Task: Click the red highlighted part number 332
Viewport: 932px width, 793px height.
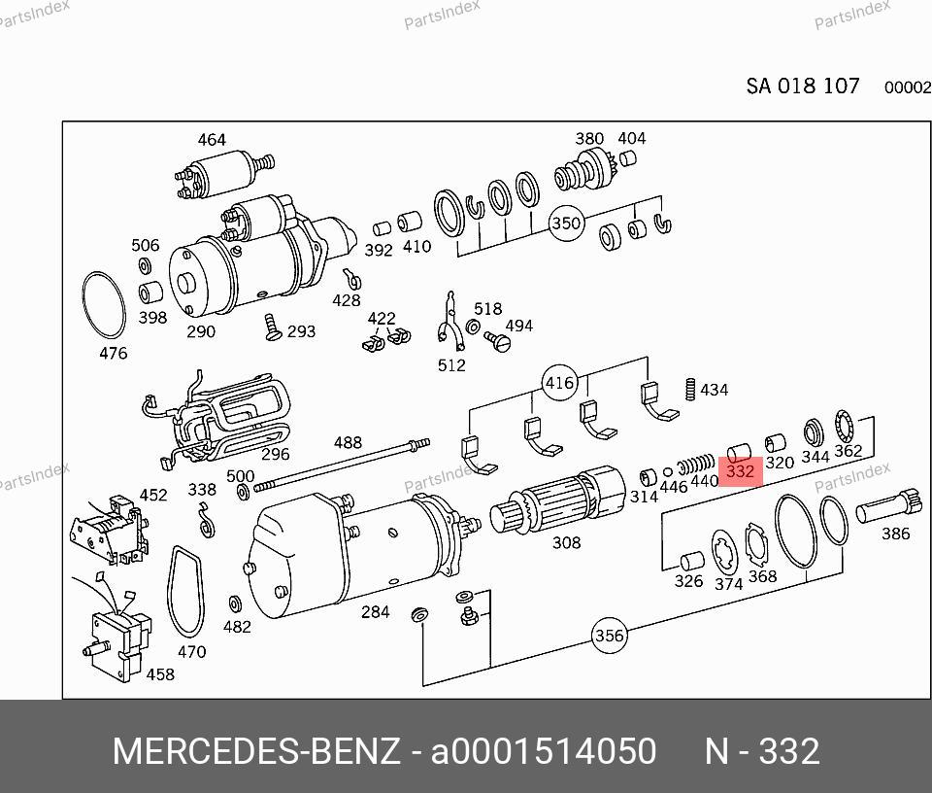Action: click(740, 471)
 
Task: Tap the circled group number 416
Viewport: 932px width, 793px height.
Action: click(559, 383)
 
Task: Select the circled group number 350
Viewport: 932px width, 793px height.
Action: click(566, 224)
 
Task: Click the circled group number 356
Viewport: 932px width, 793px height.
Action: click(610, 636)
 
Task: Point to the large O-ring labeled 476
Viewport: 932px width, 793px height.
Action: click(83, 305)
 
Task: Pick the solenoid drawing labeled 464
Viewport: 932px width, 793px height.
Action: click(224, 173)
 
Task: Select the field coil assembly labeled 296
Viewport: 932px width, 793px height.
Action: click(216, 420)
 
